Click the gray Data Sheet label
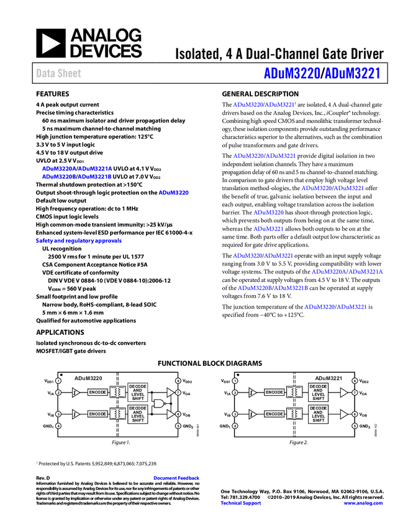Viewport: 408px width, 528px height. [59, 73]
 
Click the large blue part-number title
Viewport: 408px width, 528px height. [321, 73]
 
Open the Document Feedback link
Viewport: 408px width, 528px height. [177, 478]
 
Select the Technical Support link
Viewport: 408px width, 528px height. [241, 503]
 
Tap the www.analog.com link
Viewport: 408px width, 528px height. [363, 503]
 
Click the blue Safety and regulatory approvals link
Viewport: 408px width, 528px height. [78, 240]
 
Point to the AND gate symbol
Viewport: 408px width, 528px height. [159, 403]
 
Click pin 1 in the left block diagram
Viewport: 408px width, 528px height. [58, 381]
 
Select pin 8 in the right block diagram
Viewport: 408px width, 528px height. [355, 381]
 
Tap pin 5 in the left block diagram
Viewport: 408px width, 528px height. [178, 426]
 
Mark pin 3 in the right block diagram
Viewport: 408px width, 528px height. [235, 414]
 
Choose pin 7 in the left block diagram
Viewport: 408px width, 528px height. [178, 393]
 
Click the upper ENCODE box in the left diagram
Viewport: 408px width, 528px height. [97, 392]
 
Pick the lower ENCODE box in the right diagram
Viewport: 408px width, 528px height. [274, 414]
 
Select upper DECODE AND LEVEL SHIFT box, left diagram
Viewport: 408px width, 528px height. [138, 392]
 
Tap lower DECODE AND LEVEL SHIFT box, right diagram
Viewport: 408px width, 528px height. [319, 414]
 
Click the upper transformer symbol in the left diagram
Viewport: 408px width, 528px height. [117, 392]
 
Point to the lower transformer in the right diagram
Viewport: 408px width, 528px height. [294, 414]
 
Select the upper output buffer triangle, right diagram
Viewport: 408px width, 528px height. [343, 393]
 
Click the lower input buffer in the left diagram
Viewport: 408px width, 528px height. [76, 414]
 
